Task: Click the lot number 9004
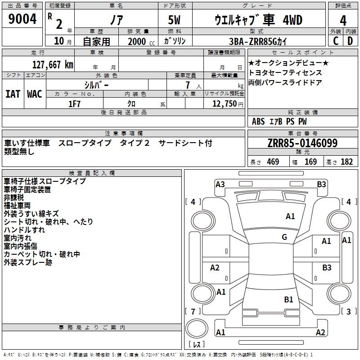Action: click(x=22, y=19)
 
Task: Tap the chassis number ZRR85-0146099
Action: click(x=302, y=144)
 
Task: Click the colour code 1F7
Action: click(x=74, y=103)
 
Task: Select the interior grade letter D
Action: click(x=350, y=41)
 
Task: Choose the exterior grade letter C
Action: click(x=335, y=41)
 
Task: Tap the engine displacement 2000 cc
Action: click(x=137, y=41)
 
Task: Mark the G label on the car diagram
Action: click(x=284, y=237)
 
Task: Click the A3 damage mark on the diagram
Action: click(x=220, y=184)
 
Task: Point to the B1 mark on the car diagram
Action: click(x=288, y=299)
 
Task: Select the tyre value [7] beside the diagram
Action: click(x=193, y=311)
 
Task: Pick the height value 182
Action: click(x=347, y=162)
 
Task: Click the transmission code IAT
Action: click(x=13, y=94)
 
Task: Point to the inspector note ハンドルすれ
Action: click(x=24, y=230)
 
